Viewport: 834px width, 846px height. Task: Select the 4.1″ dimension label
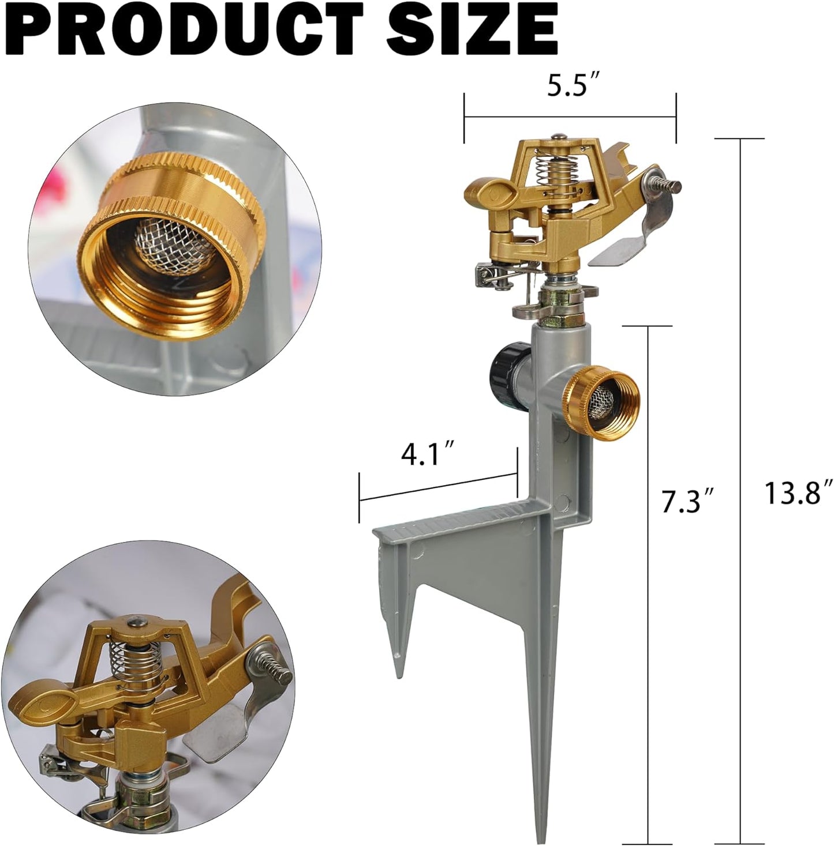click(x=426, y=455)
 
